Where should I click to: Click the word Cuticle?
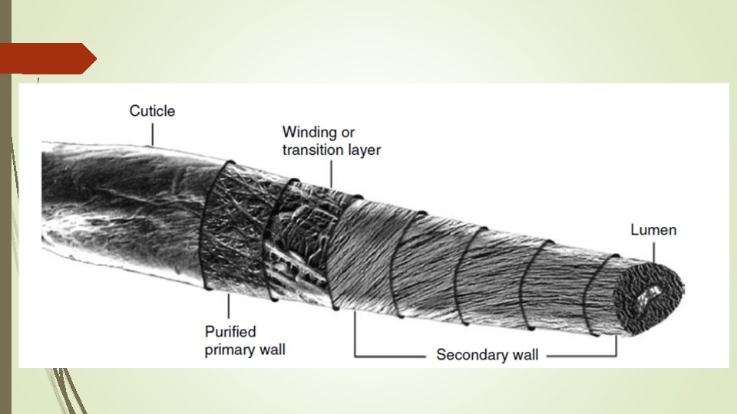click(152, 111)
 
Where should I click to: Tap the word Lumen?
click(653, 230)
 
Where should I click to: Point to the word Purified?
click(230, 332)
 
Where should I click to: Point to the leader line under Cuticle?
click(152, 133)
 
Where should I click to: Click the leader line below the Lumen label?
click(654, 250)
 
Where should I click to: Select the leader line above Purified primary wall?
click(229, 307)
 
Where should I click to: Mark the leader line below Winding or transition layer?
click(331, 173)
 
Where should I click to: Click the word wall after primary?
click(273, 350)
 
